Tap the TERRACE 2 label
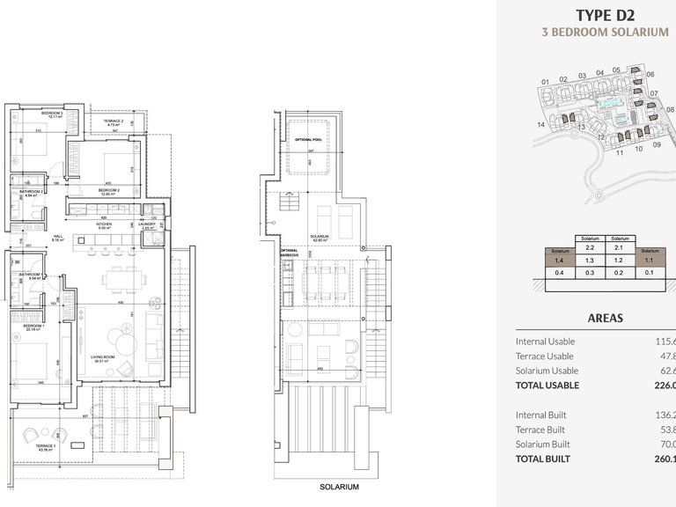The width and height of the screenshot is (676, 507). [x=113, y=121]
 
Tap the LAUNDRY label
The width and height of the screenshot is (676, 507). [x=147, y=224]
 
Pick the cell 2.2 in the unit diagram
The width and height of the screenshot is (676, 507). [x=590, y=248]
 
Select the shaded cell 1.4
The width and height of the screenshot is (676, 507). [x=559, y=261]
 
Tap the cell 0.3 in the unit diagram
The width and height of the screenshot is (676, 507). [x=590, y=273]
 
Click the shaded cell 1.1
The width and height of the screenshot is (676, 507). [x=650, y=261]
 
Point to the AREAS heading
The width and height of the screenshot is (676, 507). [x=605, y=318]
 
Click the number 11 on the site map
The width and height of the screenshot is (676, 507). [x=620, y=152]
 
